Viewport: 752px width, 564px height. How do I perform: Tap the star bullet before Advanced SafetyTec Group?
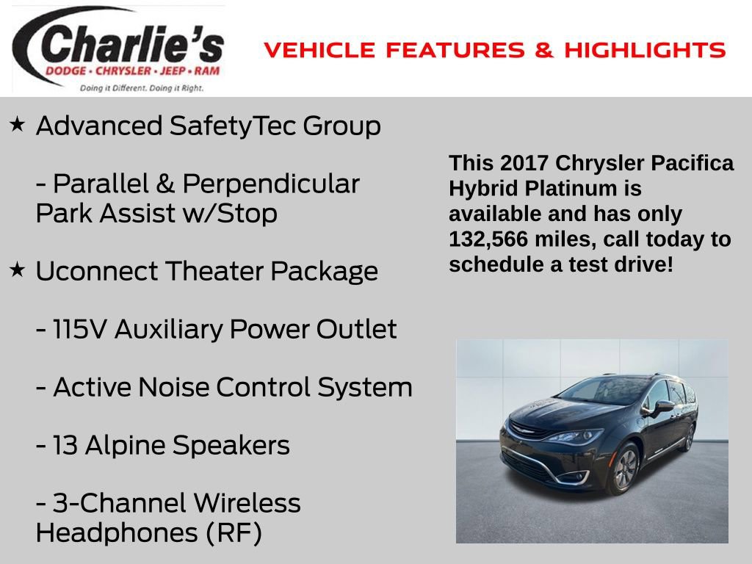tap(18, 124)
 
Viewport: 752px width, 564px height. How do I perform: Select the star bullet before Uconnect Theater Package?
tap(18, 270)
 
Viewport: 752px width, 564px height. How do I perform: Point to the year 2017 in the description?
tap(522, 163)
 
